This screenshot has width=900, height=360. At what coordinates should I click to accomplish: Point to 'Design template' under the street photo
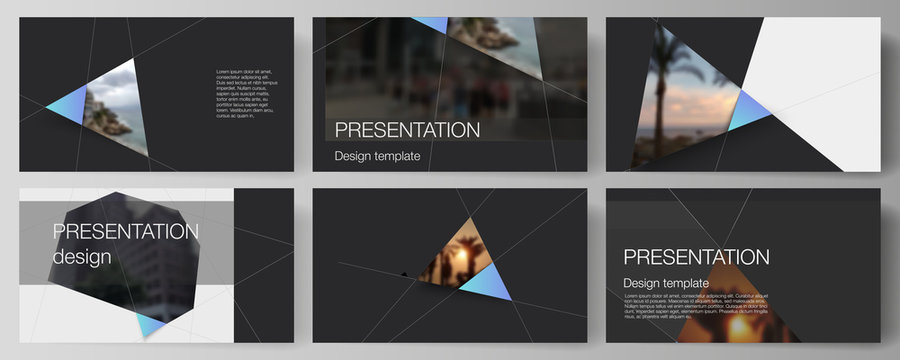[x=377, y=156]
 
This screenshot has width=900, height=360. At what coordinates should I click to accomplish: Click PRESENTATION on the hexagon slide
[x=125, y=232]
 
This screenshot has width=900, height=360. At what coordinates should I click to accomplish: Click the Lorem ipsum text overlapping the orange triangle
[x=695, y=306]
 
